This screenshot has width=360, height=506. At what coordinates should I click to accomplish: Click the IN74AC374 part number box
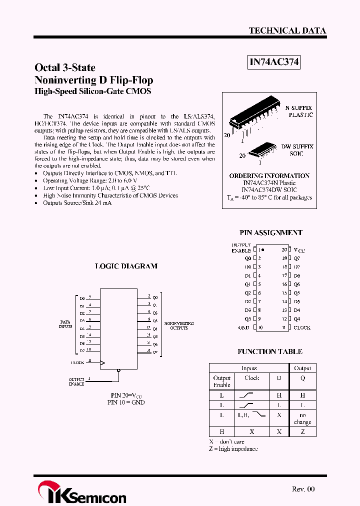click(274, 62)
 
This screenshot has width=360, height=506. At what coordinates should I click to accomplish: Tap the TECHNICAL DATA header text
click(287, 30)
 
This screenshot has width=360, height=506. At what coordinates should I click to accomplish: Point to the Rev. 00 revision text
click(303, 489)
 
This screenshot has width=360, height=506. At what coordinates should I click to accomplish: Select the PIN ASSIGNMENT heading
click(270, 232)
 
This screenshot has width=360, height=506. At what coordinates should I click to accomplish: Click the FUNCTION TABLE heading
click(270, 351)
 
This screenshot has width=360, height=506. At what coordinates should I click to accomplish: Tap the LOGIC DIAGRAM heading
click(126, 266)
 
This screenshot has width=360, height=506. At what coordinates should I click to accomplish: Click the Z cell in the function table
click(302, 431)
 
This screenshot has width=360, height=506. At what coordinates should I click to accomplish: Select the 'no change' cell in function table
click(302, 418)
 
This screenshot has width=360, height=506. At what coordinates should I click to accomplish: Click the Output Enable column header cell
click(222, 381)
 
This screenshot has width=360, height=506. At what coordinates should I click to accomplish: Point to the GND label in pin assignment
click(244, 327)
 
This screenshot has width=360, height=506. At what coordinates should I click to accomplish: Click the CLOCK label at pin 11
click(302, 327)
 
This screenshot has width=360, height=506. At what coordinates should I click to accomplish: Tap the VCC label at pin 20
click(298, 249)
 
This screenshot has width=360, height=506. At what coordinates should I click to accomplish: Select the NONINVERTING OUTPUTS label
click(179, 325)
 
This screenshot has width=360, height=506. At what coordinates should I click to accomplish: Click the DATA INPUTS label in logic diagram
click(65, 324)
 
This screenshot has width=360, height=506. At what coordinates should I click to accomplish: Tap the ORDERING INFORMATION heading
click(269, 176)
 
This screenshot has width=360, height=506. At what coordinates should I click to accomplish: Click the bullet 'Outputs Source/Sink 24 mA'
click(77, 203)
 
